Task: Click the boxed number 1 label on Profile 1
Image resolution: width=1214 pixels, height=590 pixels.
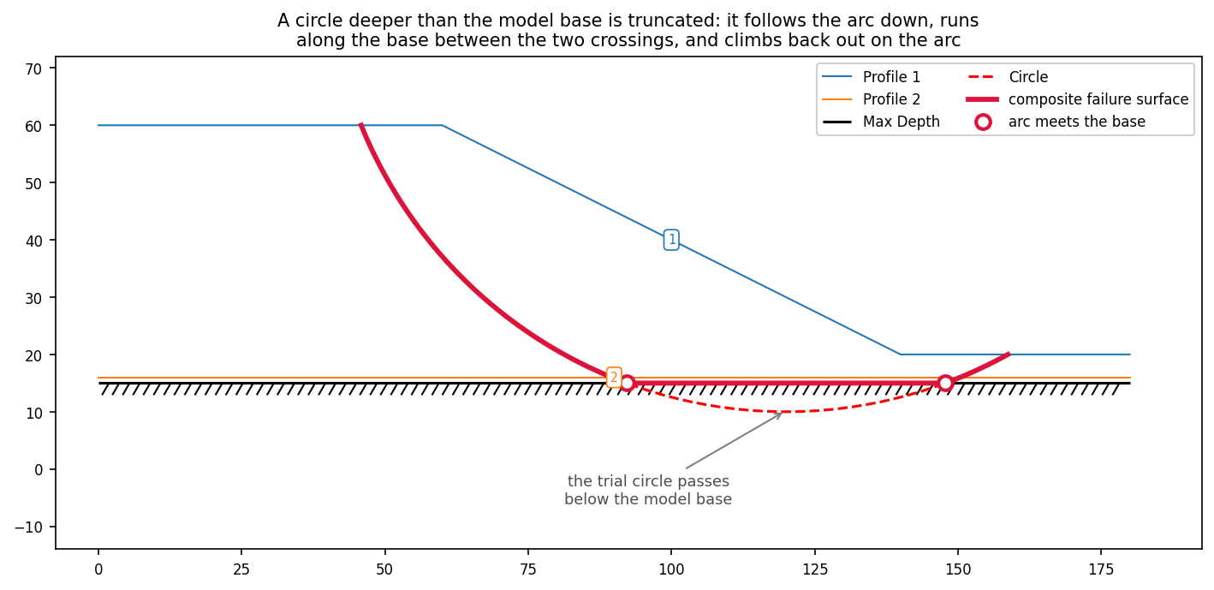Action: click(x=671, y=239)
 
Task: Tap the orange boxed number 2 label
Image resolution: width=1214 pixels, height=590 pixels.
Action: click(x=614, y=377)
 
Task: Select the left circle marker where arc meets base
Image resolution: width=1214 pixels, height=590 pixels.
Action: click(x=627, y=383)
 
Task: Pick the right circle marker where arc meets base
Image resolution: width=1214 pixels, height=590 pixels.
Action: click(x=945, y=383)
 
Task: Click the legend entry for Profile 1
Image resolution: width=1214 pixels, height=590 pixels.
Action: click(x=871, y=77)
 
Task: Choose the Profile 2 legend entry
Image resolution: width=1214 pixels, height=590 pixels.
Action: click(x=871, y=99)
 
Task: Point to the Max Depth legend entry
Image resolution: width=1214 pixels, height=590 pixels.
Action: click(x=881, y=122)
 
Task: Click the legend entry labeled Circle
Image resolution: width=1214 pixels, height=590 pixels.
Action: click(x=1008, y=77)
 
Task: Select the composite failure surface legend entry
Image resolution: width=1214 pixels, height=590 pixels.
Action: click(x=1077, y=99)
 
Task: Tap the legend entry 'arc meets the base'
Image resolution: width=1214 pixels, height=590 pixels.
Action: click(x=1056, y=122)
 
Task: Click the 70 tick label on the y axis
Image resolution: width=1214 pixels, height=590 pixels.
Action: click(x=33, y=69)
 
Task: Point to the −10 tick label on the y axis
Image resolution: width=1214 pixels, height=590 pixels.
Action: click(x=28, y=527)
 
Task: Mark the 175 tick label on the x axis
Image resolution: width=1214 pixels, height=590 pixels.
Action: click(x=1101, y=569)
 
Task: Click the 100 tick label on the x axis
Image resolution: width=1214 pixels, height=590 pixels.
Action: click(x=671, y=569)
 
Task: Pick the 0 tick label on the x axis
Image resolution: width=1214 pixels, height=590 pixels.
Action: click(x=98, y=569)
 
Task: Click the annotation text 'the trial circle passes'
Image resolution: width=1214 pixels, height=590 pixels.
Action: click(x=648, y=481)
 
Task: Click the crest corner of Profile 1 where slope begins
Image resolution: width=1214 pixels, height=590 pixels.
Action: click(x=443, y=125)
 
